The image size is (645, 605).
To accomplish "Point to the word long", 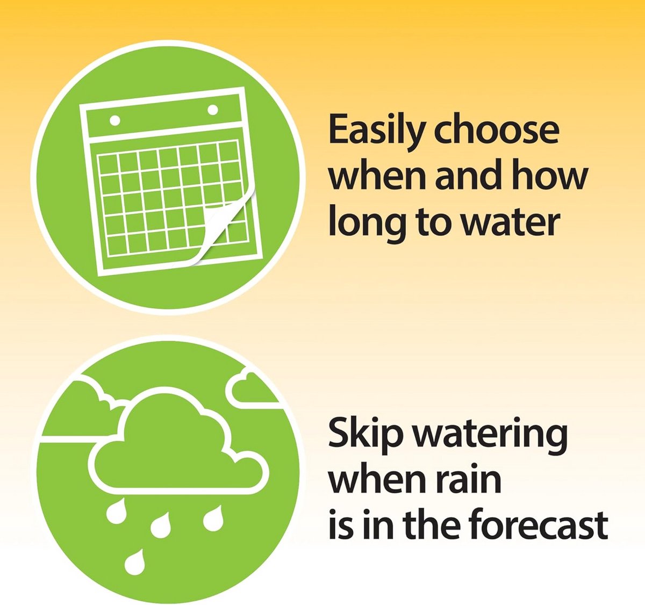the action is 367,224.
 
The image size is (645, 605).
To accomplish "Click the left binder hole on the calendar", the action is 114,120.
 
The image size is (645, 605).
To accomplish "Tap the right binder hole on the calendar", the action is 213,110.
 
